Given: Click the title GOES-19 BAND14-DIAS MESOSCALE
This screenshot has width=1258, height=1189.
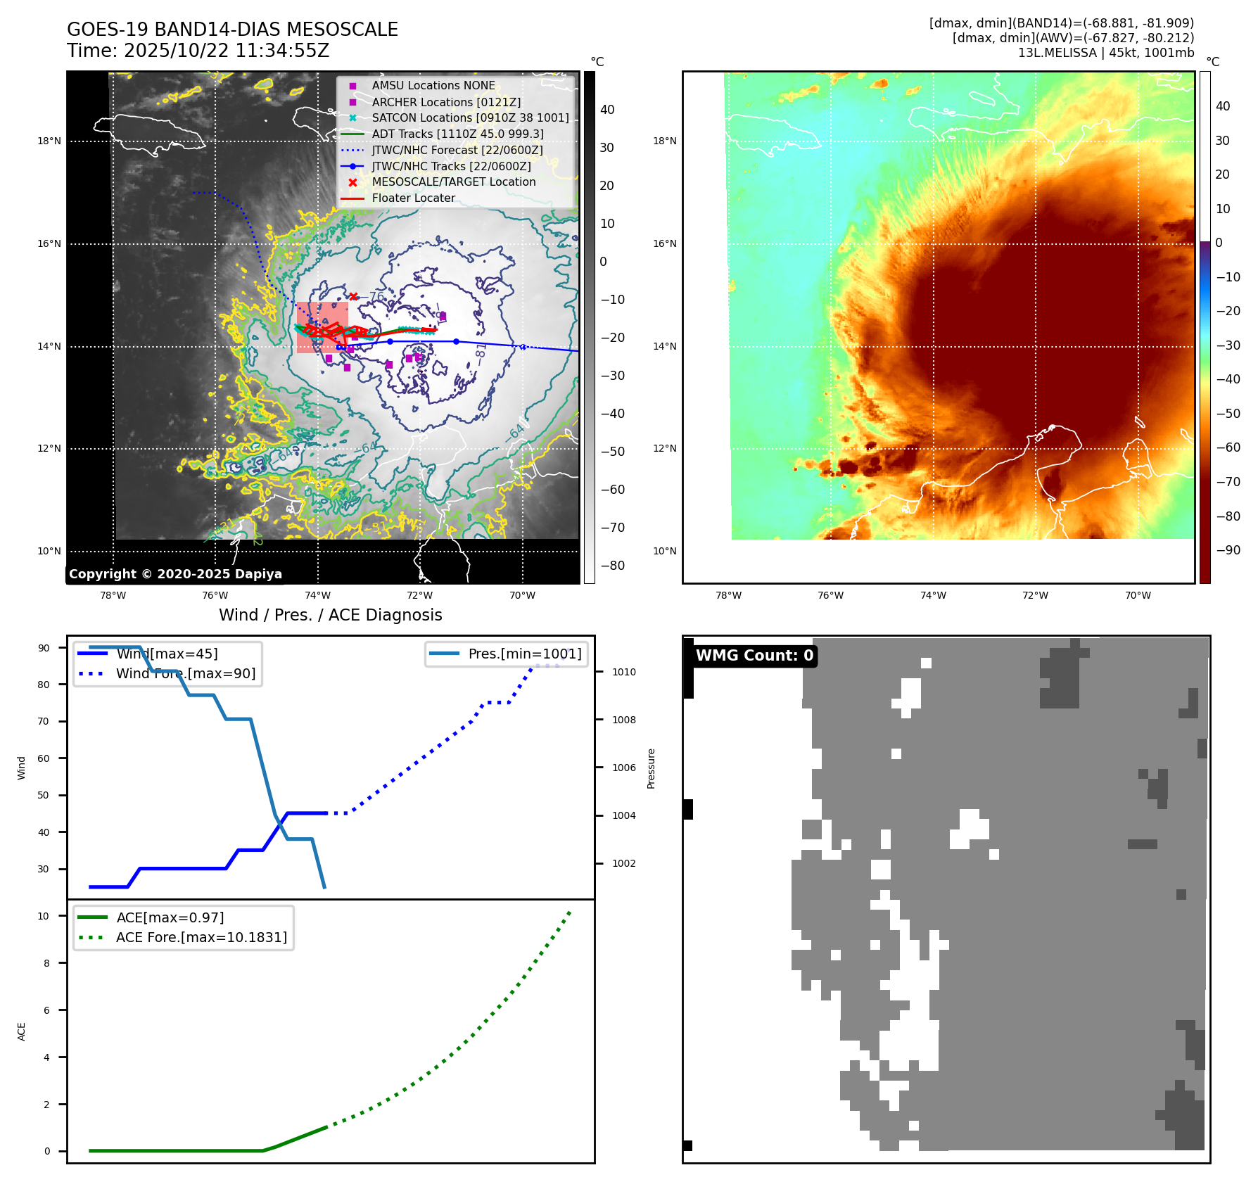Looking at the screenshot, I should coord(232,30).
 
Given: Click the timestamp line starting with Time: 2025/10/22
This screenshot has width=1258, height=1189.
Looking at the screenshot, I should coord(198,51).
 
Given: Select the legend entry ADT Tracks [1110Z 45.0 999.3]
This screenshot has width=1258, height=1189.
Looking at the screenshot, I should coord(457,134).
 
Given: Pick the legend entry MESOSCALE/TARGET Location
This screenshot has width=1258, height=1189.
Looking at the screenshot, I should coord(453,182).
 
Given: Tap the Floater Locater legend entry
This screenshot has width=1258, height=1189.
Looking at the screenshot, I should coord(413,198).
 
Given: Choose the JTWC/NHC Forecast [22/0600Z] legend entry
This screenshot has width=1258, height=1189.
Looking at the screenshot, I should coord(457,150).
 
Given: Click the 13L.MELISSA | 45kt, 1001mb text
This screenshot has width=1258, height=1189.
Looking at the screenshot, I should coord(1105,53).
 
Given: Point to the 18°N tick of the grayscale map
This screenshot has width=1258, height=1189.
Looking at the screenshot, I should coord(49,141).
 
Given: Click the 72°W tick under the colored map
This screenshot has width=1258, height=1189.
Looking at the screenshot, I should coord(1035,595).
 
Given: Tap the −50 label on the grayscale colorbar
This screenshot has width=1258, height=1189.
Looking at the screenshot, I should coord(612,452).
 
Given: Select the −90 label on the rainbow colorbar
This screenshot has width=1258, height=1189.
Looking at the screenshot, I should coord(1228,550).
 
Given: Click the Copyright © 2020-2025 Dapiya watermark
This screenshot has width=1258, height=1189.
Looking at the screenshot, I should coord(175,574).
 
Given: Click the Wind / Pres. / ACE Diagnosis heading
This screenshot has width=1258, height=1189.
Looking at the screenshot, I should coord(330,615).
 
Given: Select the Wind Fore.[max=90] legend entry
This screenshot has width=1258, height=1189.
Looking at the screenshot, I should coord(185,673).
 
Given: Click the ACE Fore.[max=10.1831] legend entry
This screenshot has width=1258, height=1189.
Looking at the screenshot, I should coord(201,937).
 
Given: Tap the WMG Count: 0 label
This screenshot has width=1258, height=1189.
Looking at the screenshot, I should coord(754,656).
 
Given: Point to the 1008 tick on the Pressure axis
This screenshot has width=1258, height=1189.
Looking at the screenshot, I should coord(623,720).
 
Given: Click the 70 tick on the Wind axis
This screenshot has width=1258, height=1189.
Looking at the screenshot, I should coord(44,721).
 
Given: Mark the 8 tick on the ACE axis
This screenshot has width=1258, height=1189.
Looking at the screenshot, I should coord(47,963).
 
